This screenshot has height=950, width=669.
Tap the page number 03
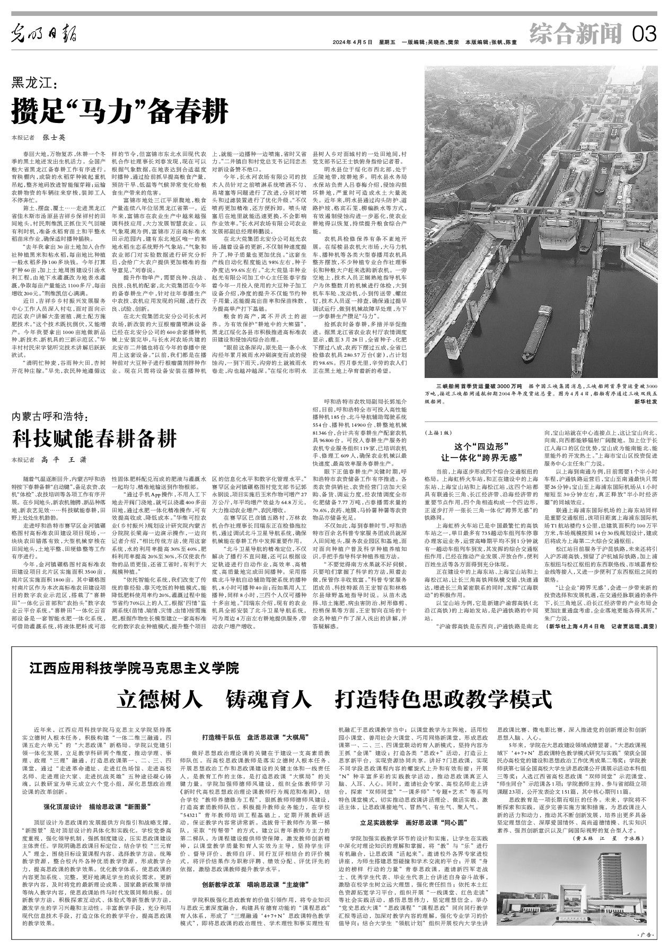[645, 35]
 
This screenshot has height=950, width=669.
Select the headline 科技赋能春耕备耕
[95, 439]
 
